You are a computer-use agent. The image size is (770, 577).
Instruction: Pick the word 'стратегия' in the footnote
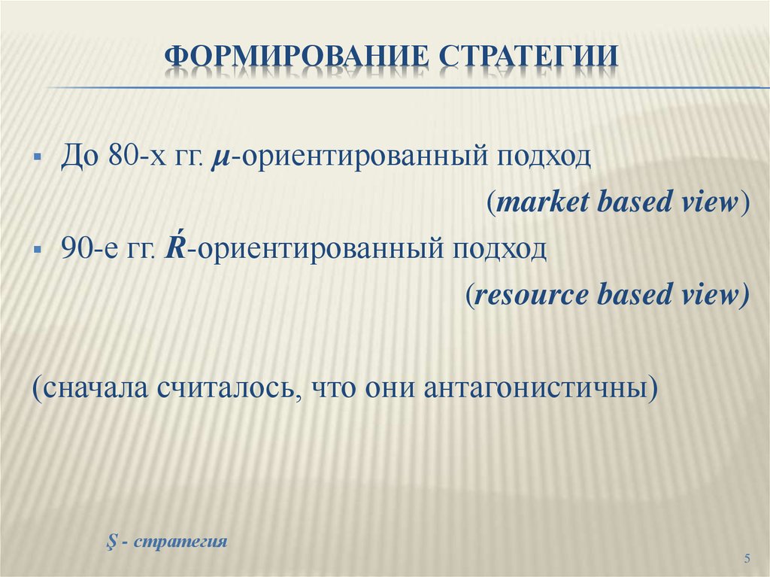pos(181,542)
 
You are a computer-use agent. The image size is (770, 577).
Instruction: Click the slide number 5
pos(747,557)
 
